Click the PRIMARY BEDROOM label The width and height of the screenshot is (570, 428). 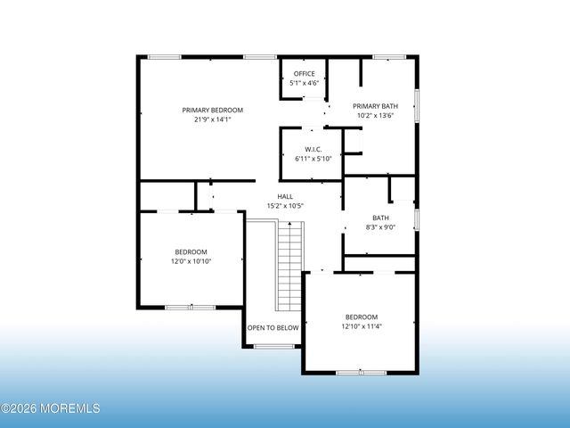coord(212,111)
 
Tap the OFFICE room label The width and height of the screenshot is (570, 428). coord(305,74)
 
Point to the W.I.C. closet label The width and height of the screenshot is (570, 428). coord(313,149)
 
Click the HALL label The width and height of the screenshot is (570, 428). coord(285,196)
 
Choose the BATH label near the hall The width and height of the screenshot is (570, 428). coord(380,218)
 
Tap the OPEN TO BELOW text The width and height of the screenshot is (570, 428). coord(273,328)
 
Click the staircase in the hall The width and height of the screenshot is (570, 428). coord(291,265)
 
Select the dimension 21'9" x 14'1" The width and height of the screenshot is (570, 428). coord(212,119)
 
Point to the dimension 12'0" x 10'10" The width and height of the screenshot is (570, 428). coord(191,260)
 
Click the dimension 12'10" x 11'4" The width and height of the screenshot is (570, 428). coord(362,326)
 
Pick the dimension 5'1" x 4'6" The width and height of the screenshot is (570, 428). coord(305,83)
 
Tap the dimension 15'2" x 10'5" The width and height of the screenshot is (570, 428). coord(285,206)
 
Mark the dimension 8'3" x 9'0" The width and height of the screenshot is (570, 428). coord(380,227)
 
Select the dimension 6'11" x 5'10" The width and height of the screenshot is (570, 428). coord(313,159)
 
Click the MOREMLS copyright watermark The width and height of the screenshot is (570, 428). coord(51,408)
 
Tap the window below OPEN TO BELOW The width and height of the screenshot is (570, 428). coord(273,346)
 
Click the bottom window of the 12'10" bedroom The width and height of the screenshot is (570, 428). coord(362,371)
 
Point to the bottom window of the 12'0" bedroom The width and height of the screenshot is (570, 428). coord(190,307)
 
